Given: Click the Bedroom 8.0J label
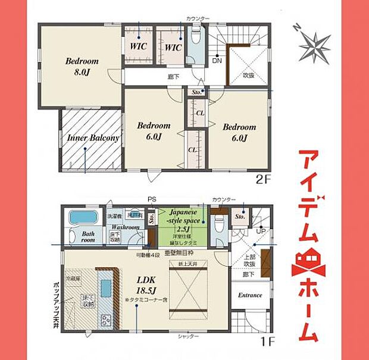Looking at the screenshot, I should (x=82, y=65).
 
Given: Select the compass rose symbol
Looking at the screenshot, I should (x=314, y=43).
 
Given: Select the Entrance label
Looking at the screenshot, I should (x=250, y=295).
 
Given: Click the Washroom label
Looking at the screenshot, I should (x=124, y=227).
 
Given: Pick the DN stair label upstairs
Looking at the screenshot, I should (x=218, y=61).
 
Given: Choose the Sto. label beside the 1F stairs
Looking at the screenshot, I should (x=240, y=217).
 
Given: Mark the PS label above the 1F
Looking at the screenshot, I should (x=151, y=199).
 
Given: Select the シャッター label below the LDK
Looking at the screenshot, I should (x=189, y=336).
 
